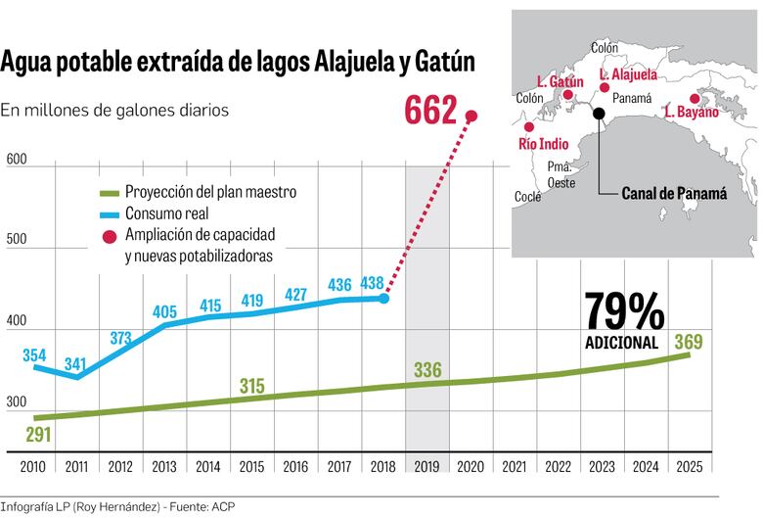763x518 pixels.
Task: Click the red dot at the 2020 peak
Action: pos(471,116)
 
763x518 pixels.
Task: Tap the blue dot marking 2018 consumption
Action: pos(383,298)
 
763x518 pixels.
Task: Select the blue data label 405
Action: pos(164,312)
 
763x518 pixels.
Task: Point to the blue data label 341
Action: pos(75,363)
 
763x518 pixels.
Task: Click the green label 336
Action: pos(428,370)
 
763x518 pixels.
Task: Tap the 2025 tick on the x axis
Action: pos(689,466)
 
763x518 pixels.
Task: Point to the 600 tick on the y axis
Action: pos(16,160)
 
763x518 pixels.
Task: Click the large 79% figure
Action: pos(624,313)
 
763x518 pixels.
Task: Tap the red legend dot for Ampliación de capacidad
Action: pos(110,236)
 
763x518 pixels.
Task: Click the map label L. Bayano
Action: pos(691,113)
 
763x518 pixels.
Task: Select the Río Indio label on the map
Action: pos(543,144)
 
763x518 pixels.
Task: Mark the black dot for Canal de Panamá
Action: pos(599,115)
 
